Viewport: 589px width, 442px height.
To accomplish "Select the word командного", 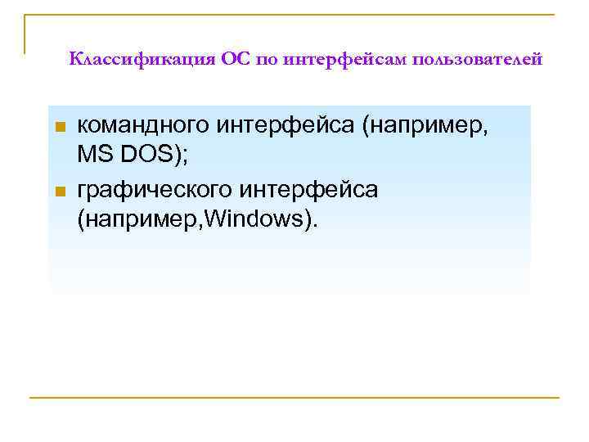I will pos(144,126).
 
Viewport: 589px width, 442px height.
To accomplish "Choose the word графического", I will pos(154,190).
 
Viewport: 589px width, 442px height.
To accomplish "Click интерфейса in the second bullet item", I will pos(308,190).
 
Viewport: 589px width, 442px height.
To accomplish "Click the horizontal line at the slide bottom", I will pos(294,398).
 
